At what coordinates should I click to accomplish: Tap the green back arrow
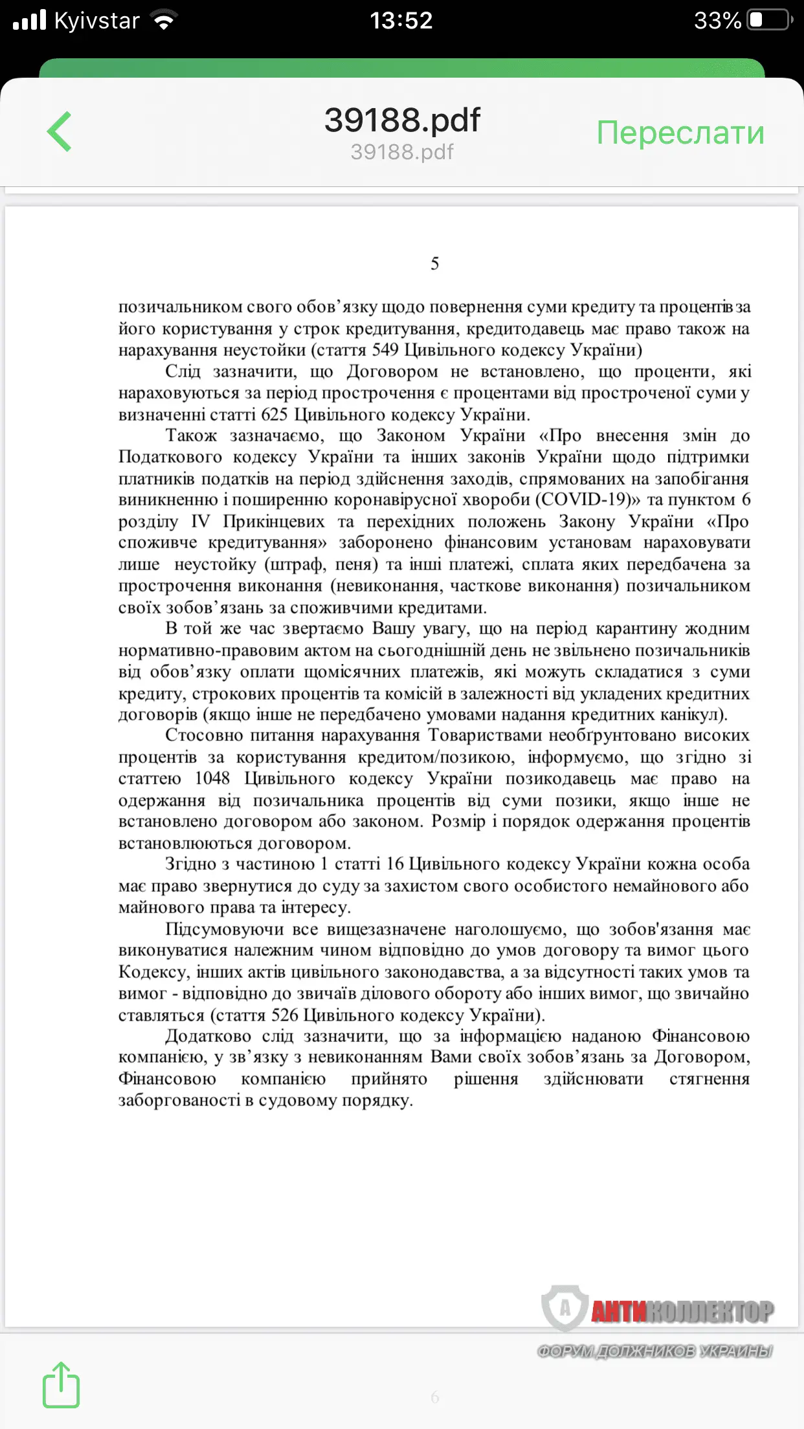[x=59, y=131]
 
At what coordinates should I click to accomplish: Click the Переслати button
[x=680, y=133]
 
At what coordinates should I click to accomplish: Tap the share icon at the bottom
[x=61, y=1385]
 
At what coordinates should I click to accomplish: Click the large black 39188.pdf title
[x=402, y=120]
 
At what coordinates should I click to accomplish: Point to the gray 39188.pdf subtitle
[x=402, y=152]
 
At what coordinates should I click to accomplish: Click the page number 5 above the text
[x=435, y=263]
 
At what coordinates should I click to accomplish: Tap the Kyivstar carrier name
[x=96, y=21]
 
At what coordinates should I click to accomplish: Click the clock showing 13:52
[x=401, y=21]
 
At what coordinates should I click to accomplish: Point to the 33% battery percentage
[x=717, y=21]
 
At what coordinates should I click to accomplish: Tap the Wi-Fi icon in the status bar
[x=164, y=21]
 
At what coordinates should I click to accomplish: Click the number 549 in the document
[x=385, y=350]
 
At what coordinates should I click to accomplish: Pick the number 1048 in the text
[x=212, y=779]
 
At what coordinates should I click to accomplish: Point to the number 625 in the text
[x=274, y=414]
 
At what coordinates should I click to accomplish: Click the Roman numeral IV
[x=200, y=522]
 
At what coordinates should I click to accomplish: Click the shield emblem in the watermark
[x=564, y=1308]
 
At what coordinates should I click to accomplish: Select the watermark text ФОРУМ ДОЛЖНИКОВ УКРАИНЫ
[x=654, y=1351]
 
